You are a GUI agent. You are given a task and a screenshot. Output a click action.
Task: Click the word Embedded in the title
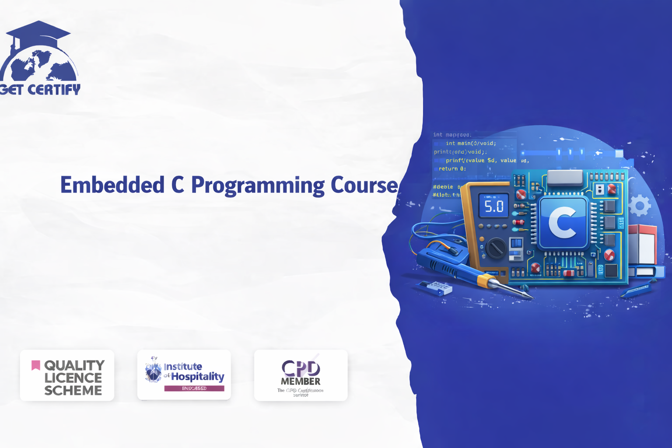(x=112, y=185)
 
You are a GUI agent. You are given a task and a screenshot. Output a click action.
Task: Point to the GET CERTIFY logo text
(x=40, y=90)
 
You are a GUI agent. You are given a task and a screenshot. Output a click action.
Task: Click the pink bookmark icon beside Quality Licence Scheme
(x=36, y=365)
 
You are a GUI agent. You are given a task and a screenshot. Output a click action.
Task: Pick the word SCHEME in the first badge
(x=73, y=390)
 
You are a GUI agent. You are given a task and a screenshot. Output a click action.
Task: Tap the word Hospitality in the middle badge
(x=197, y=376)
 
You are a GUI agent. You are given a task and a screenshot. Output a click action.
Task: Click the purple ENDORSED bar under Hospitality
(x=194, y=388)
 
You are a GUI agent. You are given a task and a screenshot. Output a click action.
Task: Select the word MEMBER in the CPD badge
(x=301, y=381)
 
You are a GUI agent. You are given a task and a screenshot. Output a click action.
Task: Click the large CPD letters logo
(x=301, y=368)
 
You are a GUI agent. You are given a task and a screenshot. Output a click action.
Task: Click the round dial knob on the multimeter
(x=495, y=248)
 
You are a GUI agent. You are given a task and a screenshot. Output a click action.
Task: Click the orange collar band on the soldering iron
(x=484, y=280)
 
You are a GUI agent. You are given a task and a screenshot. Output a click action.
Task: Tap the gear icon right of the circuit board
(x=640, y=205)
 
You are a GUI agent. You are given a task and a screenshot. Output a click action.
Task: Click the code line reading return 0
(x=452, y=169)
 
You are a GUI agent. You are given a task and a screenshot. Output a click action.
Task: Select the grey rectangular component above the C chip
(x=564, y=177)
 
